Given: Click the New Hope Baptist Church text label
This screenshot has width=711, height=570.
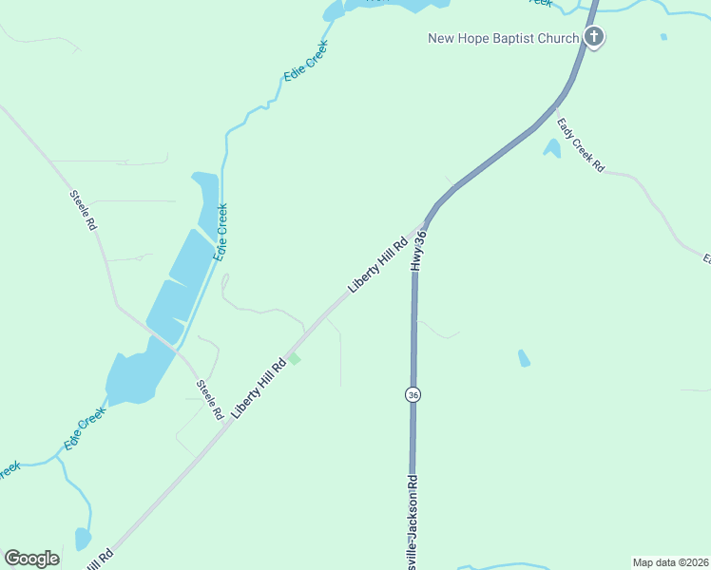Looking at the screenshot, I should coord(503,38).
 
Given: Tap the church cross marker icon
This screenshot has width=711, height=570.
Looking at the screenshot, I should coord(594,38).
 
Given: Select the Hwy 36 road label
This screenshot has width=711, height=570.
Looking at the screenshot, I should coord(418,250).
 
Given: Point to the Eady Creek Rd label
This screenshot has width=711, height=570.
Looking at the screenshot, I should coord(581,144).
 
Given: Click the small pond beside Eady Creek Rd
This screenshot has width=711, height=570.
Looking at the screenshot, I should coord(551,148).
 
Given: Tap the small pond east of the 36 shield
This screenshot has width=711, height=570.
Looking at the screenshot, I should coord(524,358).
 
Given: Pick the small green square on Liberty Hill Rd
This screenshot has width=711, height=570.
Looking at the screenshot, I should coord(295,358).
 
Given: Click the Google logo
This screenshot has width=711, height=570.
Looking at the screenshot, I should coord(31,559).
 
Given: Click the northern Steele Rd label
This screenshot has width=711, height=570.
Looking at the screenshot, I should coord(84,210).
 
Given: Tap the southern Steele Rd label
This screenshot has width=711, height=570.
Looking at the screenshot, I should coord(209,400).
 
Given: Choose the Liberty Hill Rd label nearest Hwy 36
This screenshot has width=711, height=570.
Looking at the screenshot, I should coord(377,265).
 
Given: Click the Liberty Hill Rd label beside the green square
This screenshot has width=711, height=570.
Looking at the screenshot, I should coord(259,390).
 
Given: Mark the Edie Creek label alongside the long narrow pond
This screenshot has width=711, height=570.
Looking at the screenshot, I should coord(221,233).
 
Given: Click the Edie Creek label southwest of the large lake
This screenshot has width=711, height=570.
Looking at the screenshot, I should coord(84,430).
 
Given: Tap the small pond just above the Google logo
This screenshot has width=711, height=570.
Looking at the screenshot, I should coord(83,539).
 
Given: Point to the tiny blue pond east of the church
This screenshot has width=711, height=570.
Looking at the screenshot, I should coord(663,37).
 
